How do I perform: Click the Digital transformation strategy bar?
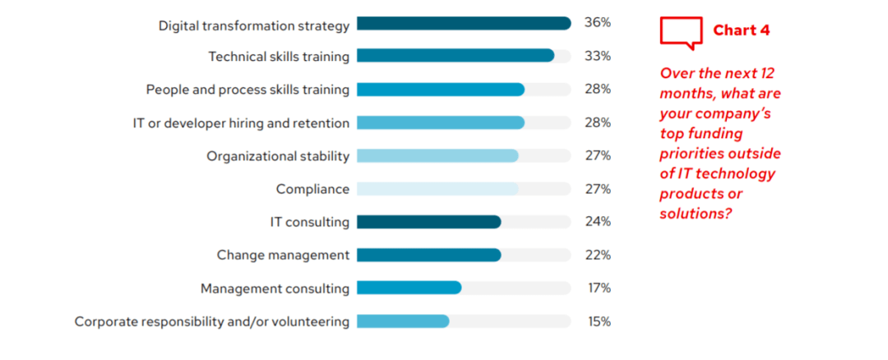[x=464, y=24]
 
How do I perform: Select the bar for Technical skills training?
[x=456, y=56]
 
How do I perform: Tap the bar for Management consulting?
[x=409, y=288]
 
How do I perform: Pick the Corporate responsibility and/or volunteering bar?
[x=403, y=321]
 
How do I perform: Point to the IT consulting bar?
[x=428, y=222]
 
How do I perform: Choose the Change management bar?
[x=428, y=255]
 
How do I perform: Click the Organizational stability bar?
[x=437, y=156]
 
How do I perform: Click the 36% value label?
[x=597, y=23]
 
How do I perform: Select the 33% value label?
[x=597, y=56]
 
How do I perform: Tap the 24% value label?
[x=597, y=222]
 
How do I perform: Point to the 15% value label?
[x=597, y=321]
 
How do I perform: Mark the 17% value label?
[x=597, y=288]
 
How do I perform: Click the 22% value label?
[x=597, y=255]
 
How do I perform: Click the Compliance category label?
[x=312, y=189]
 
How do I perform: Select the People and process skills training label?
[x=247, y=90]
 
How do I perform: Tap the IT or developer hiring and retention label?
[x=241, y=123]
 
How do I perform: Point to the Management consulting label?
[x=275, y=288]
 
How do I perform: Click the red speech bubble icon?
[x=681, y=32]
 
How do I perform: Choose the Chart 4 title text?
[x=741, y=30]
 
